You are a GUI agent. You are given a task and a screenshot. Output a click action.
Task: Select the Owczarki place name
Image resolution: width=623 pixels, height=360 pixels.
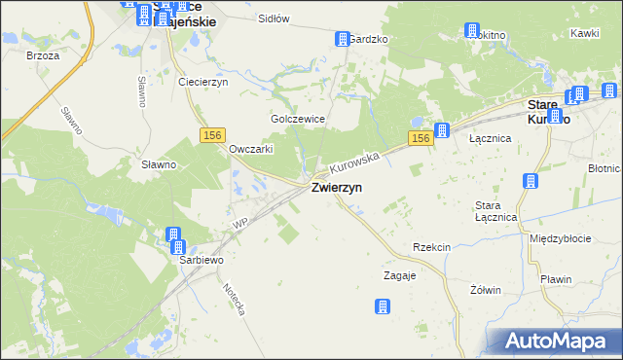[x=250, y=149]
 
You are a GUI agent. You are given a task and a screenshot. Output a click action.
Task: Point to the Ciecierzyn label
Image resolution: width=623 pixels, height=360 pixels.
[x=202, y=82]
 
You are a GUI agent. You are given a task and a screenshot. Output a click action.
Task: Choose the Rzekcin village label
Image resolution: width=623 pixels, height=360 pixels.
[x=431, y=247]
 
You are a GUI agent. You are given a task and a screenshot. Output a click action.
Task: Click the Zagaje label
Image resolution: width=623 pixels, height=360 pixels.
[x=399, y=275]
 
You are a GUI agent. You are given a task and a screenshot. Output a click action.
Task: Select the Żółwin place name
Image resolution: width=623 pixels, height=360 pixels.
[x=485, y=290]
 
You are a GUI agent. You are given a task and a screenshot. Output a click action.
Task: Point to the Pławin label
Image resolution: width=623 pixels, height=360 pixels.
[x=556, y=279]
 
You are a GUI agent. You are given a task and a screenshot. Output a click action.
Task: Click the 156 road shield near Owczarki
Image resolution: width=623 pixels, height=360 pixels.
[x=214, y=135]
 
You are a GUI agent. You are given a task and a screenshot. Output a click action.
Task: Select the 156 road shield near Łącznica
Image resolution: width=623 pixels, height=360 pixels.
[x=420, y=139]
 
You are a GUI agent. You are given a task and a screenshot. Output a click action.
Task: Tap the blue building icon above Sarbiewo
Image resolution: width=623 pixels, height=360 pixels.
[x=173, y=234]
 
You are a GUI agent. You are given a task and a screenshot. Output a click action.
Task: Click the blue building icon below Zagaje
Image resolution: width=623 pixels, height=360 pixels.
[x=382, y=306]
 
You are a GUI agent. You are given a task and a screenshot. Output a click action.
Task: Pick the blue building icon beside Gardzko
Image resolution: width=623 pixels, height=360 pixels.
[x=342, y=39]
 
